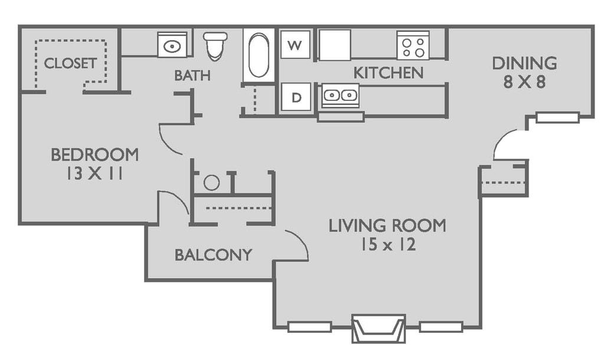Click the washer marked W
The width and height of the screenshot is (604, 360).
(x=295, y=44)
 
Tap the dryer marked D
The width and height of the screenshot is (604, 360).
(x=296, y=97)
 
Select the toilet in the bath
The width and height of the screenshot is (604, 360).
(x=215, y=46)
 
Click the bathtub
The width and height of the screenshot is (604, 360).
(x=258, y=55)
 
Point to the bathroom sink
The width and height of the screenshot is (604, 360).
(x=172, y=45)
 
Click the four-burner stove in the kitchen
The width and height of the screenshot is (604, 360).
(x=413, y=45)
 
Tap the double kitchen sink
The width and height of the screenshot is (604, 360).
(x=340, y=95)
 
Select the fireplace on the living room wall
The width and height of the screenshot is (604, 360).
(x=379, y=328)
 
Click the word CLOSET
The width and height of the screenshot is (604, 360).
(x=70, y=63)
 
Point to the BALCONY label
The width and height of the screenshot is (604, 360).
(x=214, y=255)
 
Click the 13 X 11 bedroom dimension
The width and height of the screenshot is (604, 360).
(x=94, y=174)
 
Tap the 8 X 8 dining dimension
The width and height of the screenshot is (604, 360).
(x=524, y=82)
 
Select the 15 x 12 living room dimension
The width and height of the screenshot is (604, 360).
(x=388, y=244)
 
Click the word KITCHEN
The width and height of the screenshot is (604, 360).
(x=388, y=73)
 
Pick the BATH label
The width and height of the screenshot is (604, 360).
(x=192, y=76)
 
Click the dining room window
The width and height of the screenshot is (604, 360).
(x=558, y=117)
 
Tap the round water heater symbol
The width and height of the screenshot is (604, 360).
(x=212, y=182)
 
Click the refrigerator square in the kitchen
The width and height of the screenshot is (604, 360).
(x=335, y=45)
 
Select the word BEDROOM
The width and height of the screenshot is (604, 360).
(x=95, y=155)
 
